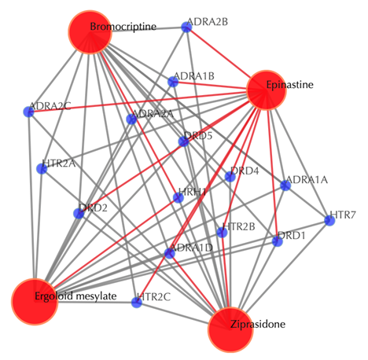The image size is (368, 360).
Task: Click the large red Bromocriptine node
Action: (x=90, y=32)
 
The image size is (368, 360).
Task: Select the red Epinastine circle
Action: (x=266, y=90)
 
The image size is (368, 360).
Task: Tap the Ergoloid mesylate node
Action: (x=35, y=302)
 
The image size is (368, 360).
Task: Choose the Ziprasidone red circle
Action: (x=230, y=329)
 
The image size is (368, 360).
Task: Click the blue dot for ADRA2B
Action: (x=186, y=28)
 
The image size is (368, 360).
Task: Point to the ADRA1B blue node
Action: (x=173, y=82)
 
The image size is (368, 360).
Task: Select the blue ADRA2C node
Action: (x=28, y=112)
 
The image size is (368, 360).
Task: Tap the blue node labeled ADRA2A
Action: (x=131, y=119)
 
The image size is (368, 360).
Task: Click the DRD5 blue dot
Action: (x=183, y=141)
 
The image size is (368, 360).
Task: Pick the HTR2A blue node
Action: (x=42, y=168)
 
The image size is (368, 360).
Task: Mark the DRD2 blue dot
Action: (x=79, y=213)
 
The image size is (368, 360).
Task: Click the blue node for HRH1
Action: (x=178, y=197)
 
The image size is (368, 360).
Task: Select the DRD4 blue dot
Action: (x=230, y=177)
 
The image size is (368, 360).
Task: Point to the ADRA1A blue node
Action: (x=285, y=186)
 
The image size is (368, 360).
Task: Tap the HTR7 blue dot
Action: (x=329, y=221)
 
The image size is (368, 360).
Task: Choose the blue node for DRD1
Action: (x=278, y=241)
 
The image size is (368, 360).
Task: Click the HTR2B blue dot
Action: (x=222, y=232)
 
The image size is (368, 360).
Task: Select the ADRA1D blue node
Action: (x=170, y=253)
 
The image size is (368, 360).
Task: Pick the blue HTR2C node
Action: (x=137, y=303)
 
